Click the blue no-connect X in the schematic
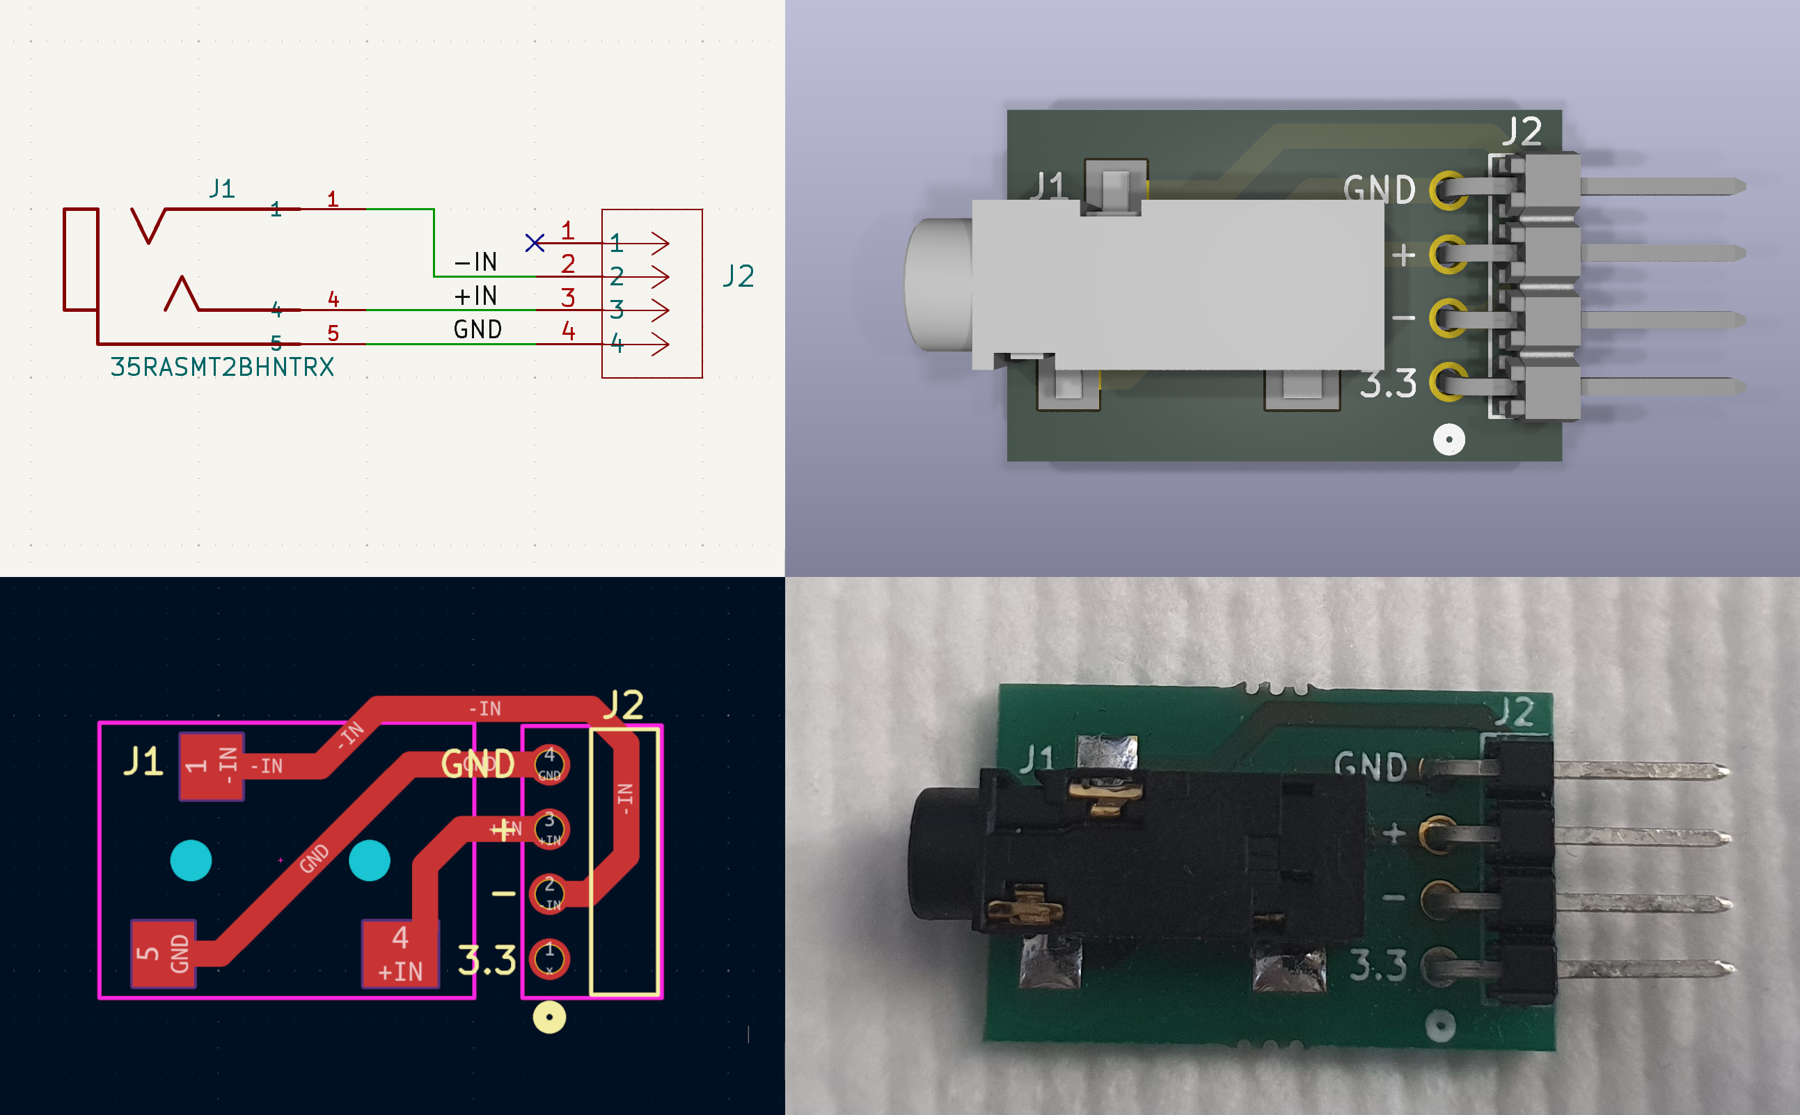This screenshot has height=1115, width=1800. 535,243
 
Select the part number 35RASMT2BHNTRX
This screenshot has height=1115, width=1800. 222,367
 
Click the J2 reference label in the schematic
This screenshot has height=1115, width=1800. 738,276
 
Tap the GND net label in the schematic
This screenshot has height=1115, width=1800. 477,330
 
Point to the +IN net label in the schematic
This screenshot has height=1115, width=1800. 475,296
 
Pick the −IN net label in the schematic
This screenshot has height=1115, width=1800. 475,262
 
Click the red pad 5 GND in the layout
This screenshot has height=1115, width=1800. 163,953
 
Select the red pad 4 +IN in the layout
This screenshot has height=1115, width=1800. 400,954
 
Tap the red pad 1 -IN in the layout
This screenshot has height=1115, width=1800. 212,766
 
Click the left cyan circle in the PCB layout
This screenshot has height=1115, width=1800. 191,860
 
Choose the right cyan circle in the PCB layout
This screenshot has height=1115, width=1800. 369,860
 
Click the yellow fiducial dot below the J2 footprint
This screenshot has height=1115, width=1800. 549,1018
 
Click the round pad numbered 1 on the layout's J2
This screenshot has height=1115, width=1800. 549,958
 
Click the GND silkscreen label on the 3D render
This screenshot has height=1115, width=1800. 1379,190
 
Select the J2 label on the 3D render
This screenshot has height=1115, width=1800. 1522,133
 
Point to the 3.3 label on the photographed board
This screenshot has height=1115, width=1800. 1377,966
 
